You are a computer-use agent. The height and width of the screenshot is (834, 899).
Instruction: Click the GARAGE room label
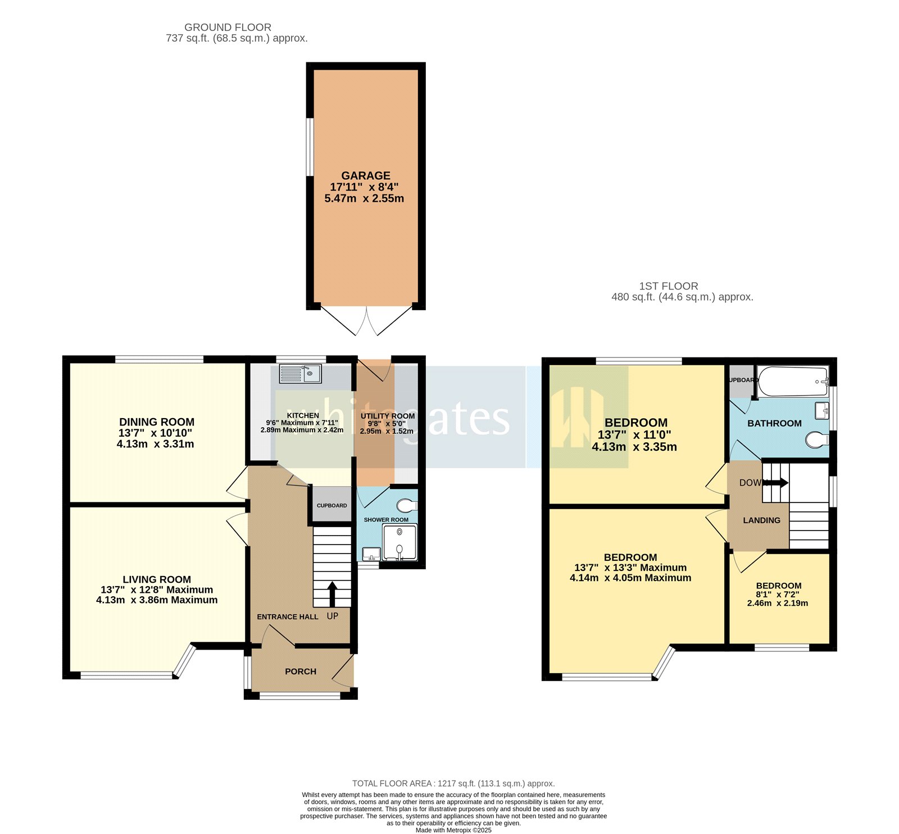(365, 175)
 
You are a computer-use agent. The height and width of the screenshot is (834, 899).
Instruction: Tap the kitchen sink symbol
(300, 374)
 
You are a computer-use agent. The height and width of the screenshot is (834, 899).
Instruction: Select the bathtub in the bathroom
(792, 382)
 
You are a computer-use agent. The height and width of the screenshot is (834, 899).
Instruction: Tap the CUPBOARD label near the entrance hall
(332, 505)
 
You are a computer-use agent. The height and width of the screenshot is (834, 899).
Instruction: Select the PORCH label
(300, 671)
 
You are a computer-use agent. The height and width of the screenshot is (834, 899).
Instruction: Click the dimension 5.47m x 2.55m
(364, 198)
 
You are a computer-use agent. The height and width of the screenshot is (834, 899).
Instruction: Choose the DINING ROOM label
(156, 422)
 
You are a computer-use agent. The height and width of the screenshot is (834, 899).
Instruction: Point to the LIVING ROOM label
(156, 579)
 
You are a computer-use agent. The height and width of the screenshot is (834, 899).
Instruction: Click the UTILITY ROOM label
(387, 416)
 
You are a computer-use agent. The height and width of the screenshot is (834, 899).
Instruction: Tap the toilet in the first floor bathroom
(816, 439)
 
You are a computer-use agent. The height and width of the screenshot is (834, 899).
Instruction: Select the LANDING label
(761, 520)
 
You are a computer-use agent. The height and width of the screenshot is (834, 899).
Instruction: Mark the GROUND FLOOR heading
(228, 27)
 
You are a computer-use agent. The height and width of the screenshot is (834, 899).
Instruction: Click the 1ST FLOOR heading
(668, 286)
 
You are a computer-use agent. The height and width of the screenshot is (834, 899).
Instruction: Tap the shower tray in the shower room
(399, 542)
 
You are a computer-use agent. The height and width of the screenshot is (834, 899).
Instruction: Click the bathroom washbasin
(822, 410)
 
